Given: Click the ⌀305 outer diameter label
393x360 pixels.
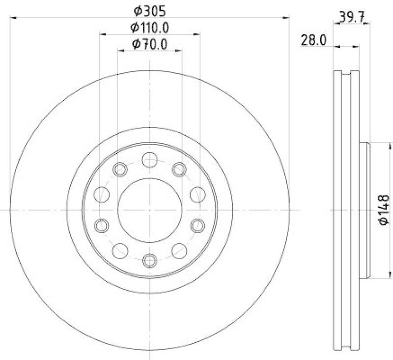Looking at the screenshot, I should (150, 10).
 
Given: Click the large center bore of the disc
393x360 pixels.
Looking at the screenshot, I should (150, 210).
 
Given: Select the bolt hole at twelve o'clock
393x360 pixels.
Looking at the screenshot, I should (150, 160).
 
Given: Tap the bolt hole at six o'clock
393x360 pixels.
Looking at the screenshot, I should (150, 260).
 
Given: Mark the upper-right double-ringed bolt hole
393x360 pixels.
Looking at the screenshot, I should (179, 170).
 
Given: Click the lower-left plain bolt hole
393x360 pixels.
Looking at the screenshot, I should (120, 251).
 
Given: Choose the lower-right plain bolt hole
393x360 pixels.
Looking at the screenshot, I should (179, 251).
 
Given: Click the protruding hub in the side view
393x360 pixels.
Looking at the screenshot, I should (365, 210).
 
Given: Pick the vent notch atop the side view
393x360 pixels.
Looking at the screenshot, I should (346, 74).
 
